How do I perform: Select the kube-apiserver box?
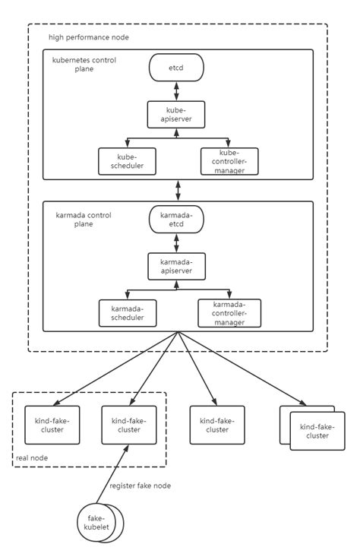coord(176,115)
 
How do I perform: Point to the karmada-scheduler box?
coord(127,312)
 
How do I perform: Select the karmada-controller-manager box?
coord(229,312)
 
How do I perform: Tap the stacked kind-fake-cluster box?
coord(314,430)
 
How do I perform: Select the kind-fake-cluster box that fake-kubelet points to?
coord(129,425)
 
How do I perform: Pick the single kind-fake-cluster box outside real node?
coord(218,425)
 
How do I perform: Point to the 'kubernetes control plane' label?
coord(84,64)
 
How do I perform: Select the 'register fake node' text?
coord(140,486)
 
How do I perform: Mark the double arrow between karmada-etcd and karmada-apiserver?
coord(176,242)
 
